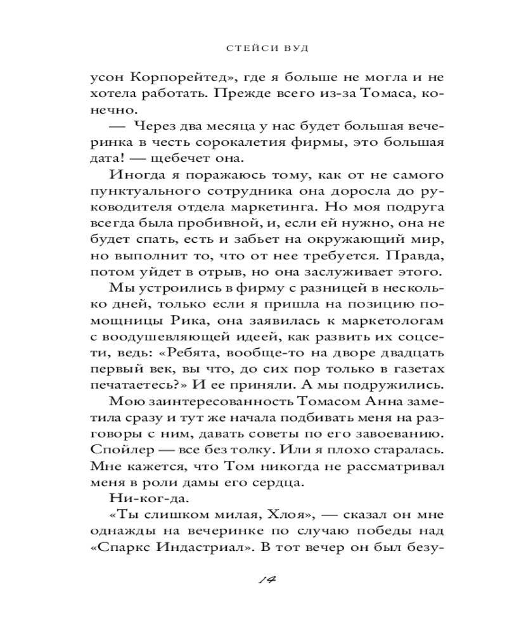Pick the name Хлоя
click(x=274, y=516)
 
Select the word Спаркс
click(x=117, y=549)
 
